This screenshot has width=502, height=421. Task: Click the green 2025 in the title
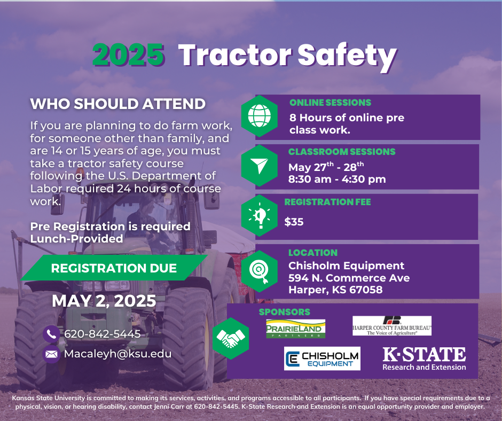pyautogui.click(x=129, y=55)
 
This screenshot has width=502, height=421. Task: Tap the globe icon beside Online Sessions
pyautogui.click(x=260, y=115)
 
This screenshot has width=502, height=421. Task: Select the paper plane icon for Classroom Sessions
pyautogui.click(x=260, y=166)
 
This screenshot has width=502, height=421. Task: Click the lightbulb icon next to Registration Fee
pyautogui.click(x=260, y=216)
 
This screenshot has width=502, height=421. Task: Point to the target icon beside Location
pyautogui.click(x=260, y=271)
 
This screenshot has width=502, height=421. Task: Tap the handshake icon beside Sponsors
pyautogui.click(x=231, y=338)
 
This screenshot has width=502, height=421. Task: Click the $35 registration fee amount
pyautogui.click(x=294, y=222)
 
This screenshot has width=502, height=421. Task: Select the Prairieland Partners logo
pyautogui.click(x=295, y=329)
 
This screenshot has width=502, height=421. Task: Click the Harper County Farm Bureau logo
pyautogui.click(x=392, y=326)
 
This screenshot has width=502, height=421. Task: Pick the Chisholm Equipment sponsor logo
pyautogui.click(x=322, y=358)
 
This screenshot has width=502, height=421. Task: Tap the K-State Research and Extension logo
pyautogui.click(x=424, y=359)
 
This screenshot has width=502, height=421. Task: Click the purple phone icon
pyautogui.click(x=51, y=334)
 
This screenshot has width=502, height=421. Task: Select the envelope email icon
pyautogui.click(x=51, y=354)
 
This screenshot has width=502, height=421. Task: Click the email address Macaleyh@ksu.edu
pyautogui.click(x=118, y=354)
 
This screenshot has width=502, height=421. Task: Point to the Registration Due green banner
pyautogui.click(x=114, y=268)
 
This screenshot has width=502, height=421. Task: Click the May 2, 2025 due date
pyautogui.click(x=104, y=301)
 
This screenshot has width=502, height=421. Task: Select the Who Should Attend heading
pyautogui.click(x=118, y=104)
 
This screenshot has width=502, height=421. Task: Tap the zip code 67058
pyautogui.click(x=366, y=290)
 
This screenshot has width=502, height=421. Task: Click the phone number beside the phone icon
pyautogui.click(x=103, y=334)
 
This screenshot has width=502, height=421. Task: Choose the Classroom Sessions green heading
pyautogui.click(x=342, y=152)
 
